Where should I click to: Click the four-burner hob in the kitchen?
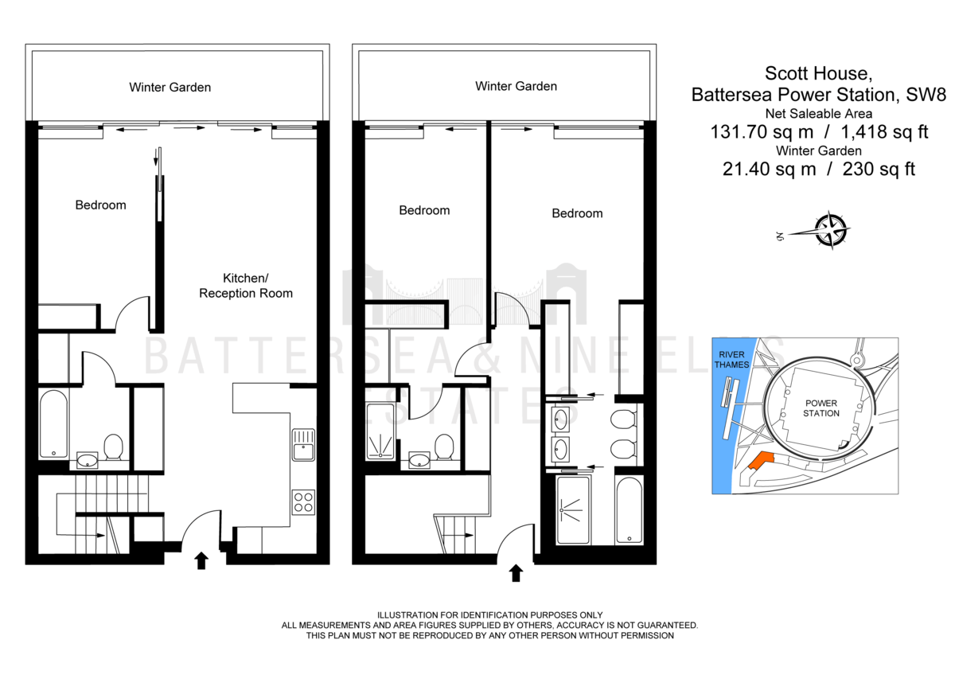[x=303, y=501]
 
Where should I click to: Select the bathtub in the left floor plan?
[x=53, y=423]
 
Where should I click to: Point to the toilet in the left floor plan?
[x=113, y=447]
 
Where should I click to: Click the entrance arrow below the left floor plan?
[x=201, y=561]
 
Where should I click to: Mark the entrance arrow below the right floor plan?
[x=516, y=572]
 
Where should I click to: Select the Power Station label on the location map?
[x=821, y=408]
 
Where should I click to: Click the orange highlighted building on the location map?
[x=760, y=461]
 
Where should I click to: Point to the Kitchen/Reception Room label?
[x=245, y=286]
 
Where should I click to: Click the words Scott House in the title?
[x=818, y=74]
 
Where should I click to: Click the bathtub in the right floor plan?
[x=630, y=510]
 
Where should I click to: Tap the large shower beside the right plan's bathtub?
[x=575, y=509]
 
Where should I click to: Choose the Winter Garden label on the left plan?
[x=170, y=88]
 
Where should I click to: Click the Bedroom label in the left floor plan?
[x=100, y=205]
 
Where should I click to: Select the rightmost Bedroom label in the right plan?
[x=577, y=213]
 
